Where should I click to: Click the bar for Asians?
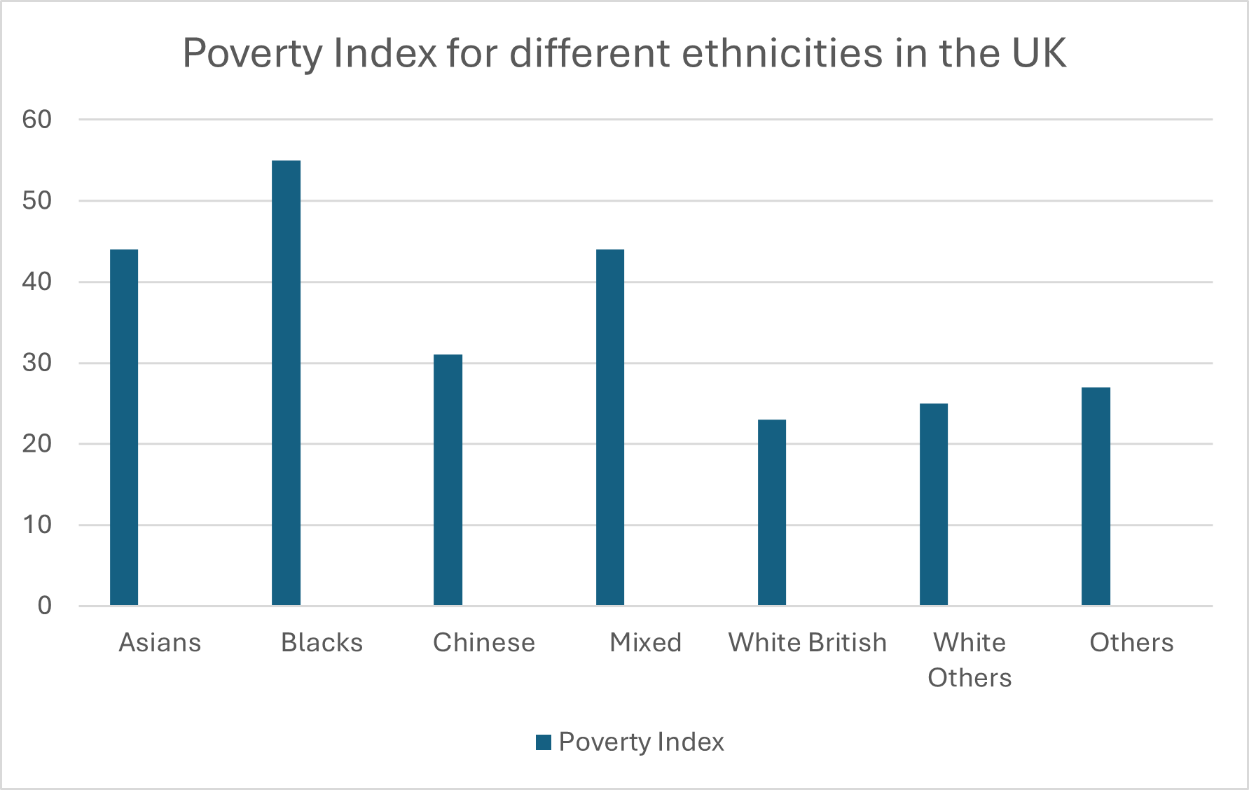pos(124,427)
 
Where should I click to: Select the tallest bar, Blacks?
pos(286,383)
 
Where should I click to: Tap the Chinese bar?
pos(448,480)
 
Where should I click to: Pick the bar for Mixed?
pos(609,427)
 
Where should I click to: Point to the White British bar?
pos(771,512)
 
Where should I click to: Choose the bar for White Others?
pos(933,504)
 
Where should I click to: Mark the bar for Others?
pos(1096,496)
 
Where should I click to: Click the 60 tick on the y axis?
pos(37,120)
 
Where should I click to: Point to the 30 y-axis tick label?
pos(37,363)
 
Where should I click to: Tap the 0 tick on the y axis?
pos(44,606)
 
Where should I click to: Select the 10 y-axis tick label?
pos(37,525)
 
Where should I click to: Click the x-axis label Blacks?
pos(322,642)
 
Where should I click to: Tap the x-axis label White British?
pos(807,642)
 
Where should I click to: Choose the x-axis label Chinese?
pos(483,642)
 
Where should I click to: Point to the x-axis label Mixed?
pos(645,642)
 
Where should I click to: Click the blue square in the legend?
pos(544,742)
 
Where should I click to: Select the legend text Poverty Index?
pos(641,742)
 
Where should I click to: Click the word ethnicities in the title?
pos(782,53)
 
